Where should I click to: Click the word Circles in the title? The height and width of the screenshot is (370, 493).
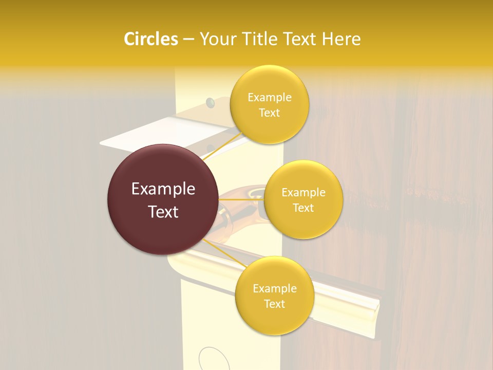[151, 39]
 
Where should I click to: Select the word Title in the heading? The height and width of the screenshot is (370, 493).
[267, 39]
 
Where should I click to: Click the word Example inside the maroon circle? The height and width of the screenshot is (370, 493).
[163, 189]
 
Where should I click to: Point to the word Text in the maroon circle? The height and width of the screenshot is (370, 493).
[163, 212]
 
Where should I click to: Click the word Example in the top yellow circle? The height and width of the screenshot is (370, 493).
[269, 98]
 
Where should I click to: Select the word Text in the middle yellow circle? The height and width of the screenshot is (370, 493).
[304, 208]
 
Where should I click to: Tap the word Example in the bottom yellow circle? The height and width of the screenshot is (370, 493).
[274, 289]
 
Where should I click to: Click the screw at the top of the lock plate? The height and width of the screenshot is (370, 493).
[210, 103]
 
